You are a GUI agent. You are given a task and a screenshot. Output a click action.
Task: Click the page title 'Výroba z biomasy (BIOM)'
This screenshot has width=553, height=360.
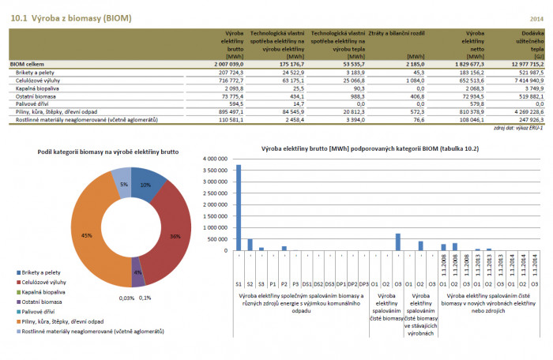coord(70,17)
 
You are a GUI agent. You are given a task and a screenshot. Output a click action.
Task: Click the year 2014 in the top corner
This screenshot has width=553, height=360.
coord(536,17)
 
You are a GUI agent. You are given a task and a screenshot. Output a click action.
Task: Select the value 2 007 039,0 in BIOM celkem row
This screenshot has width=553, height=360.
coord(226,64)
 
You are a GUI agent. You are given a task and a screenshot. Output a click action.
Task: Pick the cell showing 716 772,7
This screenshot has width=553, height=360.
coord(231,80)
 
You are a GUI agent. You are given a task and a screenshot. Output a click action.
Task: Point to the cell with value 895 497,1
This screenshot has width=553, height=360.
coord(231,111)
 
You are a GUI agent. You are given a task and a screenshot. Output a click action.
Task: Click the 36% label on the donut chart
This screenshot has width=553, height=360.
coord(175,236)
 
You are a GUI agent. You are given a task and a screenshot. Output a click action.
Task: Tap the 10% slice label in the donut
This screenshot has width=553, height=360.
coord(145,185)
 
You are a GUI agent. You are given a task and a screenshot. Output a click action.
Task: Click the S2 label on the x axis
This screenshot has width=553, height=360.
coord(250,282)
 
